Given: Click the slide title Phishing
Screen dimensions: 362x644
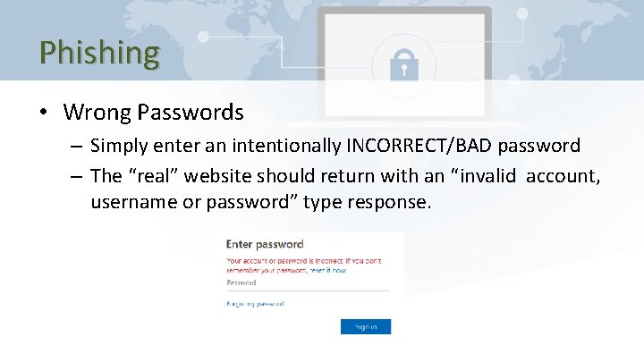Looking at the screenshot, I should [x=98, y=52].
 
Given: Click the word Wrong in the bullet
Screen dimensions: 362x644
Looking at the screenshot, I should [x=97, y=113].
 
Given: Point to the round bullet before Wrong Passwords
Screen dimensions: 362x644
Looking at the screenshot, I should [x=43, y=113].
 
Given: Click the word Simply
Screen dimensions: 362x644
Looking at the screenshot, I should [x=121, y=145].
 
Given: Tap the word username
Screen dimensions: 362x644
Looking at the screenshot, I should [x=131, y=202].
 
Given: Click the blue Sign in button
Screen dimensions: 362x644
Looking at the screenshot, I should [x=365, y=326].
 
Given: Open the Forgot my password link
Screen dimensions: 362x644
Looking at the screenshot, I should [x=255, y=304].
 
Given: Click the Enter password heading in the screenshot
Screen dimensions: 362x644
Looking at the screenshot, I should [x=265, y=244].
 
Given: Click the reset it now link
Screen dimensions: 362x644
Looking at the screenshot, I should [x=327, y=269].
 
